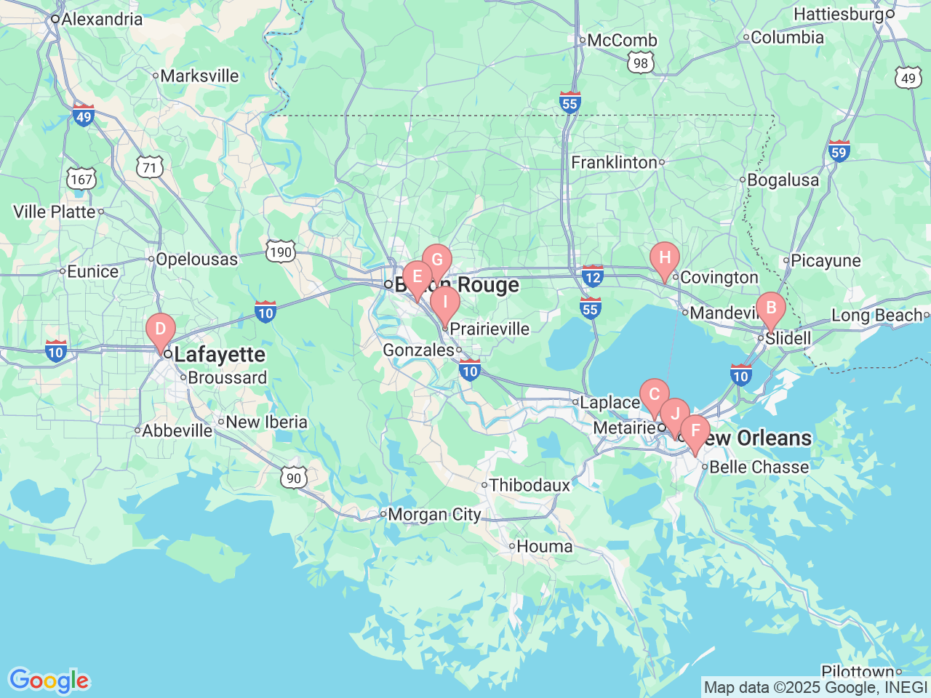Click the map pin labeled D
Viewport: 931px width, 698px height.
point(161,329)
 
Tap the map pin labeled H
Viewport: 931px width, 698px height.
point(664,258)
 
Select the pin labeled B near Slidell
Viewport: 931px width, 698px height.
point(771,308)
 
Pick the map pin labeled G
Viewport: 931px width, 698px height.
point(437,260)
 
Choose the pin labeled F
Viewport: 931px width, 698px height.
point(695,431)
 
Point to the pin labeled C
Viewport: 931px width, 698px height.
point(654,395)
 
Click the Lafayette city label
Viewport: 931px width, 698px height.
point(219,355)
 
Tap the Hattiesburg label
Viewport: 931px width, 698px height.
point(838,15)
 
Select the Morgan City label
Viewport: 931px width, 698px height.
point(434,515)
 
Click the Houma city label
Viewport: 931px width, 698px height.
point(544,546)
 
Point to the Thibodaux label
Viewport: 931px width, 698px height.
point(530,485)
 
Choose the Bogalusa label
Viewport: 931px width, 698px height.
point(783,180)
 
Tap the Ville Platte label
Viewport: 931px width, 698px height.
point(55,212)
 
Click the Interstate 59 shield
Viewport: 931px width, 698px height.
point(839,151)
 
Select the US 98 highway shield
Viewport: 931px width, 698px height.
point(640,63)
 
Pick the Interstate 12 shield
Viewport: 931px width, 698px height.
point(592,276)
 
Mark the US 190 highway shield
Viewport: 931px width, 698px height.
point(280,252)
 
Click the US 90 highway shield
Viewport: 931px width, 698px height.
point(293,478)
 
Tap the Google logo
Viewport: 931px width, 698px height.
point(48,681)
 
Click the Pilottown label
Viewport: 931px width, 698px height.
point(858,672)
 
